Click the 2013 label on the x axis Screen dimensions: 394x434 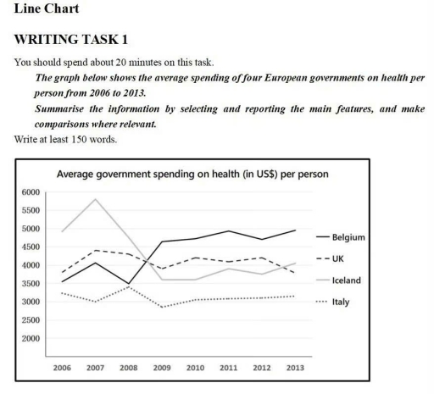[x=294, y=369]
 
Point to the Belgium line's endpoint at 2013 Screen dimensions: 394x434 [x=294, y=230]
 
